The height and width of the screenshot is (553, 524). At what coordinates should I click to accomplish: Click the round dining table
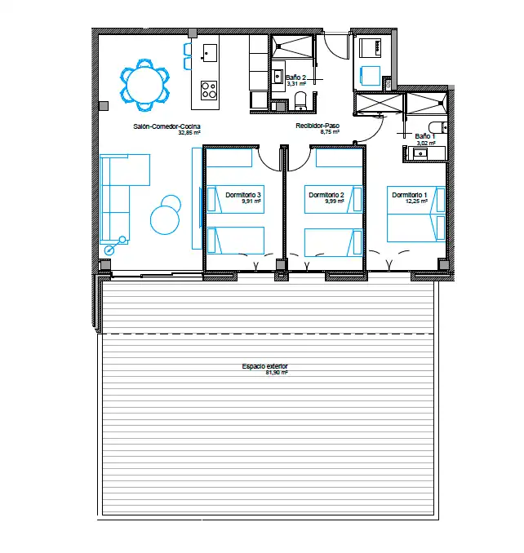(x=145, y=86)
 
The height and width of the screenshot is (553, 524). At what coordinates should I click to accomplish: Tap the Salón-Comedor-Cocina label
(x=167, y=126)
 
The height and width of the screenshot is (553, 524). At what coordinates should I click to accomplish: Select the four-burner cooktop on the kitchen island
(x=209, y=90)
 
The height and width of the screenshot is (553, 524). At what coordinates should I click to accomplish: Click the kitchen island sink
(x=209, y=53)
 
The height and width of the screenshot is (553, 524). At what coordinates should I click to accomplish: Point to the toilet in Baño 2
(x=301, y=101)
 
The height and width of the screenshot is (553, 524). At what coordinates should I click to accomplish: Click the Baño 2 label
(x=295, y=77)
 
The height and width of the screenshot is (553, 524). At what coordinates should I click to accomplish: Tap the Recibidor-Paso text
(x=318, y=126)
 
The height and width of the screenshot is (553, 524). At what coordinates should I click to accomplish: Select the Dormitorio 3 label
(x=243, y=195)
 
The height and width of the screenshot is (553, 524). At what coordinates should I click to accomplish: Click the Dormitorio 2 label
(x=326, y=195)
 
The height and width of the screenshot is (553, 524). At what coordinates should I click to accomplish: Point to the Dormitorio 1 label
(x=409, y=195)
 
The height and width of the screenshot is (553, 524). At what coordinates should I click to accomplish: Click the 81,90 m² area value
(x=277, y=373)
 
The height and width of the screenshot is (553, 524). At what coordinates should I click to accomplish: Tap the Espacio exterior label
(x=264, y=366)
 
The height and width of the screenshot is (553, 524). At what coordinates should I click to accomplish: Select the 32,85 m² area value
(x=189, y=133)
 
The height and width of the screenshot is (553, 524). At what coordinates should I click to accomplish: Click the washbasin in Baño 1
(x=420, y=154)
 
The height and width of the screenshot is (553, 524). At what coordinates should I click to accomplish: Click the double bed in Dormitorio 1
(x=416, y=214)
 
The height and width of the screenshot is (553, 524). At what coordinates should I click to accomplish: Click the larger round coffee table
(x=165, y=220)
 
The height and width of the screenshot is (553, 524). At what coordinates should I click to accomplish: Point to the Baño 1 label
(x=425, y=136)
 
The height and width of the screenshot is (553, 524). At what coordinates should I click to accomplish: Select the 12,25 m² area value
(x=416, y=201)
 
